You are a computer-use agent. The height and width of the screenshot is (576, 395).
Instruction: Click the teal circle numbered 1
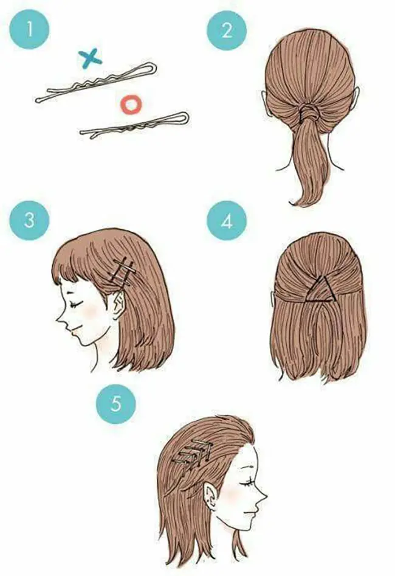tap(29, 29)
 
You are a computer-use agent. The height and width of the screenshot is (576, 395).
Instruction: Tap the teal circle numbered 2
tap(227, 30)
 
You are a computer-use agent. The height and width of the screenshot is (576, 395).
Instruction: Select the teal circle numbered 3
tap(29, 220)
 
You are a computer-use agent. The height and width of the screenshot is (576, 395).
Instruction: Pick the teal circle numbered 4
tap(227, 221)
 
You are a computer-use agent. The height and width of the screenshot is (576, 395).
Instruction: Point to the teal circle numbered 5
tap(115, 404)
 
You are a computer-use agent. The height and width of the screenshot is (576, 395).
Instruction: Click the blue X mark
tap(90, 58)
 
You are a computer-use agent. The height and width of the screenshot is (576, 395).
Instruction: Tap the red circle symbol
tap(131, 104)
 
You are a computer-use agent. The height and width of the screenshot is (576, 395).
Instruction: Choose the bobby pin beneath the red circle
tap(134, 124)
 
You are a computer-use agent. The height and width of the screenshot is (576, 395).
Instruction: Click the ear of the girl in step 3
tap(118, 305)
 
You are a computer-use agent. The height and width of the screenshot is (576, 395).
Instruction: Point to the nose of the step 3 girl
tap(60, 319)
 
